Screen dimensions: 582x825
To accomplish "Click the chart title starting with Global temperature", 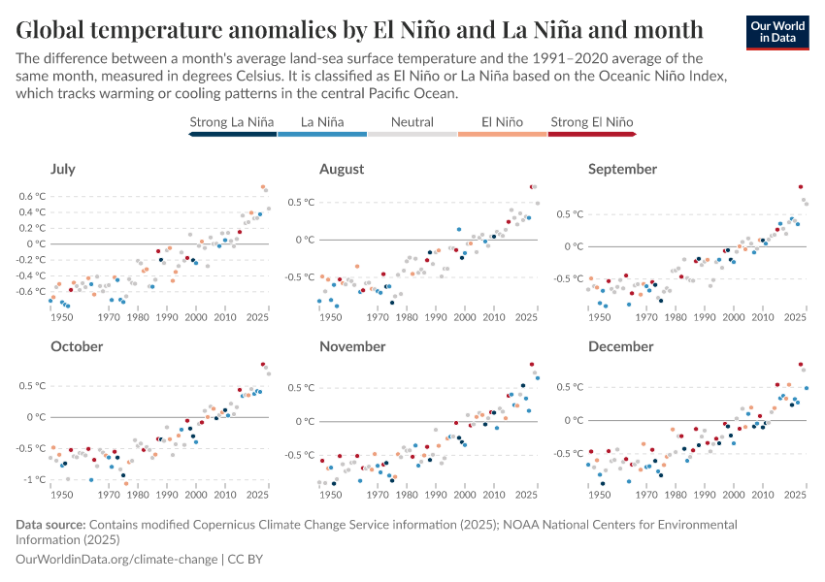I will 359,27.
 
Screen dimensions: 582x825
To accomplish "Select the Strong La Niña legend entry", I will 232,122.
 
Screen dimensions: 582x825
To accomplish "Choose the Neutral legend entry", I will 412,122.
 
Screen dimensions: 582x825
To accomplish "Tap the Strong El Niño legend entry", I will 592,122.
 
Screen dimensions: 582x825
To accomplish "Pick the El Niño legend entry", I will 502,122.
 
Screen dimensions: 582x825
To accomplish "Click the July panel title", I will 62,169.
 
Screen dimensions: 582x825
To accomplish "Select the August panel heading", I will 342,169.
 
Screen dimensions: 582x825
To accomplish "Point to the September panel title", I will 622,169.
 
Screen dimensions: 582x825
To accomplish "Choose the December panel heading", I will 620,346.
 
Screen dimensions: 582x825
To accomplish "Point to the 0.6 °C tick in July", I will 34,196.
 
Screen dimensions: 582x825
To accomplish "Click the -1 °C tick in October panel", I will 35,479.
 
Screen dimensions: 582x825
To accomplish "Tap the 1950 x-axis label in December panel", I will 600,495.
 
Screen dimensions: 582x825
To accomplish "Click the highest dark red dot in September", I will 801,186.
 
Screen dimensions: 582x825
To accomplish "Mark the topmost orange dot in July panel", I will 263,187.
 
